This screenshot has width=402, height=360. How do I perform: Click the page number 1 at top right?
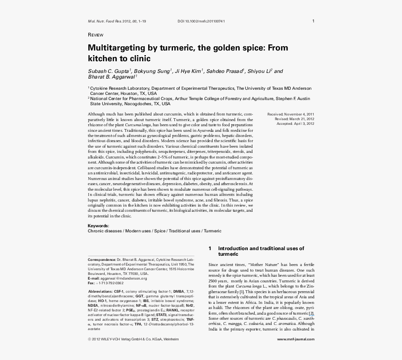coord(313,21)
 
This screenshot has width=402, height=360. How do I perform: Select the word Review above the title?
coord(95,35)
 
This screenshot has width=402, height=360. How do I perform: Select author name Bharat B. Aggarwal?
coord(111,77)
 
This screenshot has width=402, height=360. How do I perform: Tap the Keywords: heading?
coord(98,226)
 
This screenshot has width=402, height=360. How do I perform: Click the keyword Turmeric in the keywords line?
coord(213,231)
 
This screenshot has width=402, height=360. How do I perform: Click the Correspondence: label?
coord(102,259)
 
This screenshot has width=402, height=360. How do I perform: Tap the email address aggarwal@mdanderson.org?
coord(123,278)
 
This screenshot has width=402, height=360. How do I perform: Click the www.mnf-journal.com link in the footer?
coord(295,339)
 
